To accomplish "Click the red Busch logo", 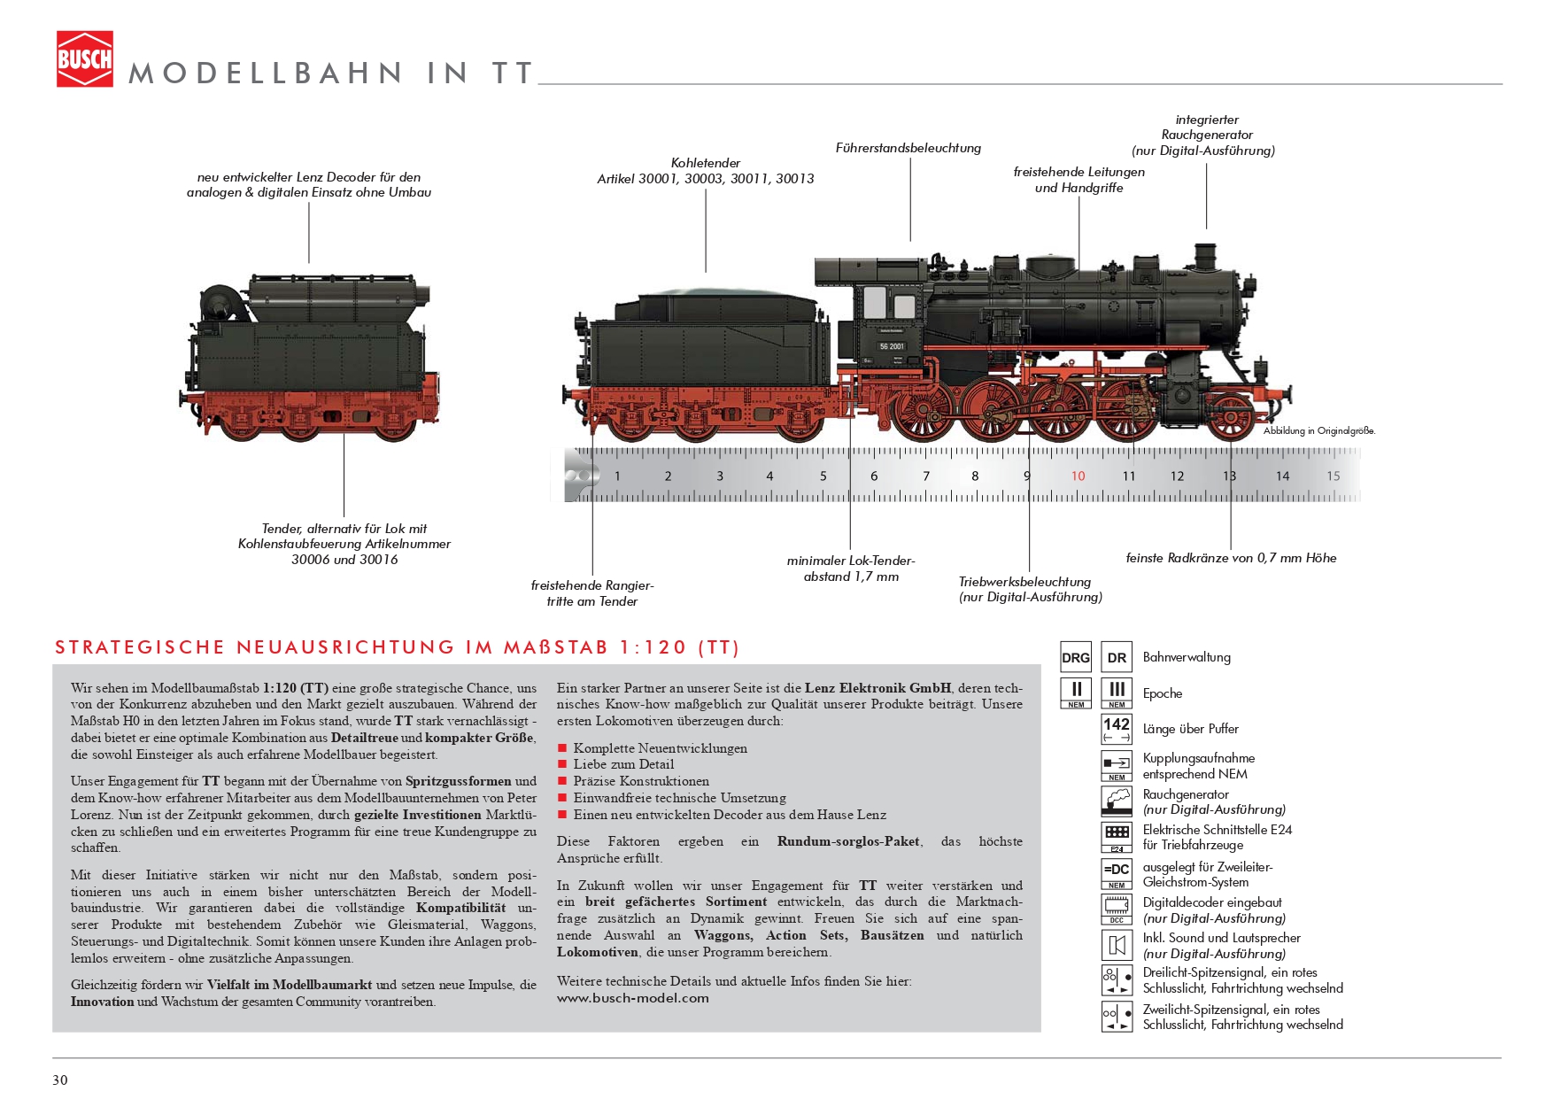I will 85,59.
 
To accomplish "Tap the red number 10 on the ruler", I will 1078,476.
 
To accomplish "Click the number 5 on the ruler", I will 823,476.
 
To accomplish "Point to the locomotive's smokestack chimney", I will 1205,257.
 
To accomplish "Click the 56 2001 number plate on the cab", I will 892,346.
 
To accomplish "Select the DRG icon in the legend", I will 1076,658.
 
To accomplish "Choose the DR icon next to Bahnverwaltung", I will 1117,658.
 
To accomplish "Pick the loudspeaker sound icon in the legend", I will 1117,946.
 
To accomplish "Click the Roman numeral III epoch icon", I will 1117,693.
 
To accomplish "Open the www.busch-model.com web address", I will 633,998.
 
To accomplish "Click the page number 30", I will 60,1080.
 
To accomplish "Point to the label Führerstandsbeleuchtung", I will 908,148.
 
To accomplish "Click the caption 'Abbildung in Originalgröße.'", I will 1319,431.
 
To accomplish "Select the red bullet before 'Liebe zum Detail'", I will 562,764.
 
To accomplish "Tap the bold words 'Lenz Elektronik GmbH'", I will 878,688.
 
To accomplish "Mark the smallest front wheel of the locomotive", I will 1231,417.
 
